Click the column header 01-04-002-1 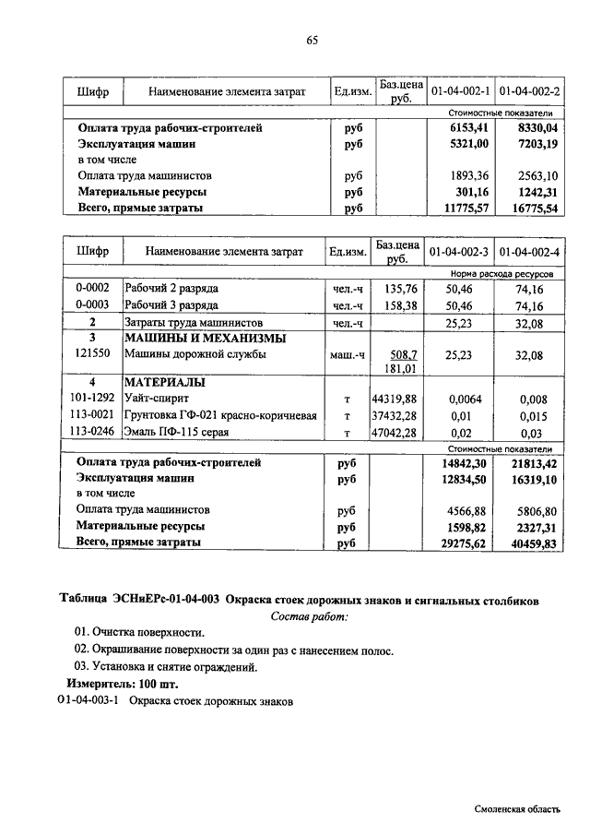pyautogui.click(x=459, y=91)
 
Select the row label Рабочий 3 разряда pyautogui.click(x=171, y=304)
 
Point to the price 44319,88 pyautogui.click(x=395, y=398)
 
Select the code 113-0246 pyautogui.click(x=92, y=431)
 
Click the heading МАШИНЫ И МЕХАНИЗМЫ pyautogui.click(x=205, y=339)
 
